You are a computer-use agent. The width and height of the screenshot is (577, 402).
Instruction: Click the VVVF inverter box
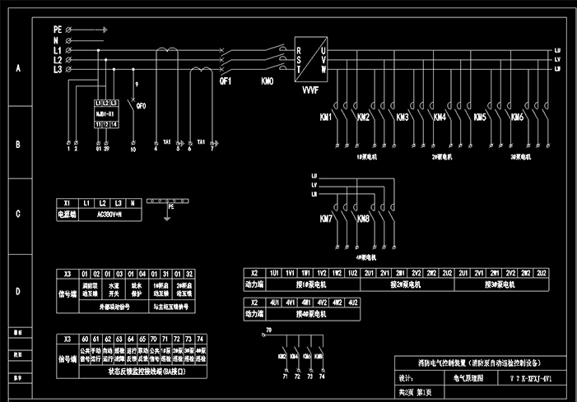tap(309, 57)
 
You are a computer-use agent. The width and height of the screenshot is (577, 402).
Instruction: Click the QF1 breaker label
tap(225, 81)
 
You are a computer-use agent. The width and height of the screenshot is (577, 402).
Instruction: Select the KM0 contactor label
tap(268, 81)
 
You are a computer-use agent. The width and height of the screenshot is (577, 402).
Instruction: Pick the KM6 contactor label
tap(517, 118)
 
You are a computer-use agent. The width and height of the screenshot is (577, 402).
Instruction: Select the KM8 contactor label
tap(363, 219)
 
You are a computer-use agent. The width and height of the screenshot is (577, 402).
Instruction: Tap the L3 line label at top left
tap(58, 70)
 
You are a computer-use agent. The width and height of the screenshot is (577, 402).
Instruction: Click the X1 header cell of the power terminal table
tap(66, 202)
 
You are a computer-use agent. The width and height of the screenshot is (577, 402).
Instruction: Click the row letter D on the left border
tap(17, 291)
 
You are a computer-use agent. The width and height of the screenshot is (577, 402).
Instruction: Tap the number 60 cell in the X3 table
tap(84, 339)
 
